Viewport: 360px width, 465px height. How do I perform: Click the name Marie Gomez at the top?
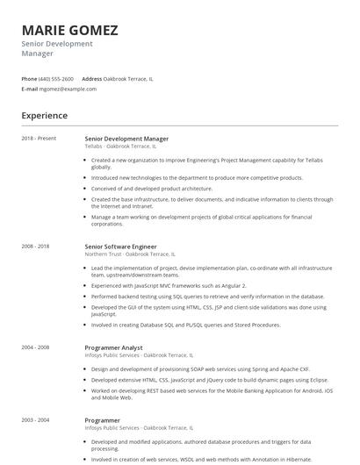coord(69,30)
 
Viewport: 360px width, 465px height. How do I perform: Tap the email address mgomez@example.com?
coord(68,89)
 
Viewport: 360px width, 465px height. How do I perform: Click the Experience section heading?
coord(44,116)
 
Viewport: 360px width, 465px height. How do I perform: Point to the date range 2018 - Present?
coord(39,139)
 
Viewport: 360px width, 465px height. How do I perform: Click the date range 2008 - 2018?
coord(36,247)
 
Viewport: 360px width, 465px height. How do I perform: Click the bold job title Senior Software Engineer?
coord(120,247)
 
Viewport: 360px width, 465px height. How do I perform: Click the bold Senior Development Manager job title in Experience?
coord(126,139)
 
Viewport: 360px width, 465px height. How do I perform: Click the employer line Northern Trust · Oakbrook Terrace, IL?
coord(130,254)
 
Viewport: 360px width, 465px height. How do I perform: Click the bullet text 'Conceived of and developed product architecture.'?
coord(152,188)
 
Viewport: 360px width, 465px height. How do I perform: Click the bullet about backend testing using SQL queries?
coord(207,297)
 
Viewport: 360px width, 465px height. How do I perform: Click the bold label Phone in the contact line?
coord(29,79)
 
